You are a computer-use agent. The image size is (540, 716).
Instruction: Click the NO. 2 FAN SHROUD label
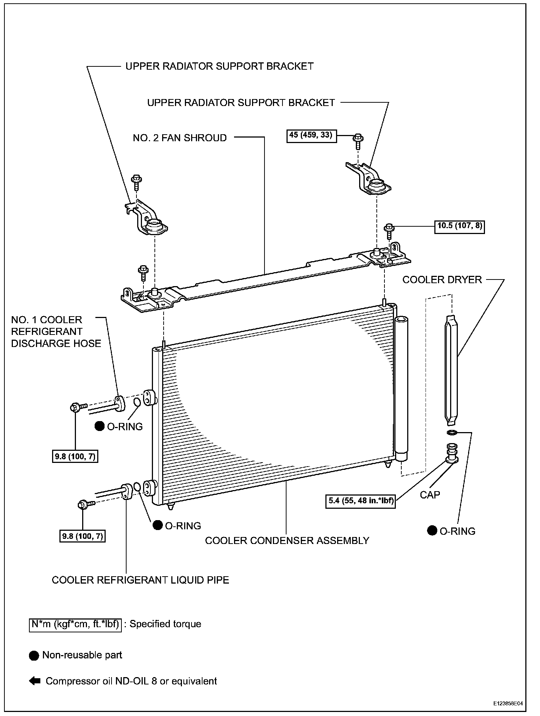[x=180, y=138]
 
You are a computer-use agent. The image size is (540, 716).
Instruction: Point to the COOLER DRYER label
[x=442, y=280]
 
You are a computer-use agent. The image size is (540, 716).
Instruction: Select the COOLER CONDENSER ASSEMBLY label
[x=287, y=541]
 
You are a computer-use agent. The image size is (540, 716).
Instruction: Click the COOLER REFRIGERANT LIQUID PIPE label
[x=141, y=580]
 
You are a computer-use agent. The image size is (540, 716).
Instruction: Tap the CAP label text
[x=430, y=495]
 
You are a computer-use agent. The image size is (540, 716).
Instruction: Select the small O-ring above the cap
[x=452, y=433]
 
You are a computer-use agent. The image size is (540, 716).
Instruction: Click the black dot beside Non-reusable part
[x=34, y=655]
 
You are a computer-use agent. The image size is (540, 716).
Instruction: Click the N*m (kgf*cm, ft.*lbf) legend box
[x=75, y=624]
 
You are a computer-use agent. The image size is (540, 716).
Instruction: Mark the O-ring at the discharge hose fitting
[x=136, y=402]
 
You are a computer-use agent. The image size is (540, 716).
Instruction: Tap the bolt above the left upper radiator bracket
[x=136, y=181]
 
